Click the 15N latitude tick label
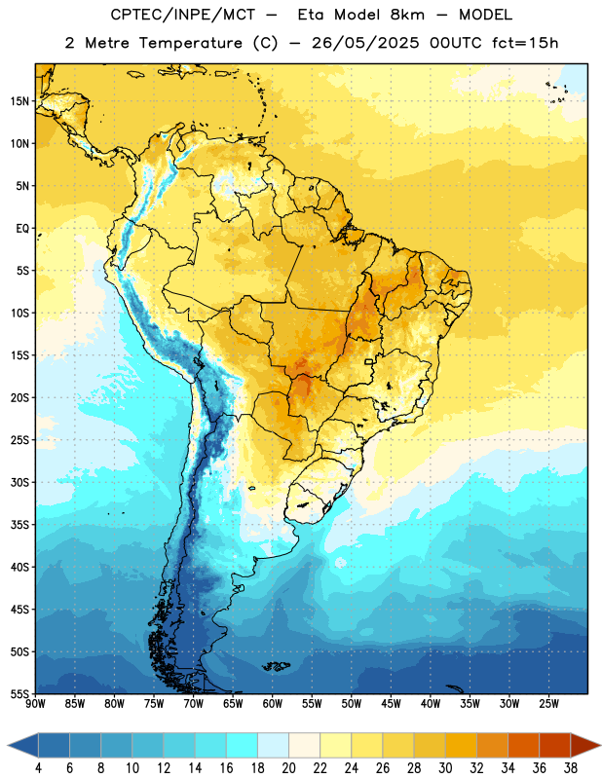coord(19,101)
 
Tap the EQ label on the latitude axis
coord(22,229)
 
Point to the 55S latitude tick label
coord(19,694)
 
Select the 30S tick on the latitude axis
coord(19,482)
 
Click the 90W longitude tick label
coord(35,704)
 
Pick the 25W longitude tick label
coord(548,704)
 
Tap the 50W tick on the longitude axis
coord(352,704)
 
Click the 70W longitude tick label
coord(194,704)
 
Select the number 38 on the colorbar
coord(571,768)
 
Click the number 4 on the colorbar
coord(38,768)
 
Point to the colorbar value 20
coord(288,768)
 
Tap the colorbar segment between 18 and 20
coord(273,746)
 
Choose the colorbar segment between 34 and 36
coord(523,746)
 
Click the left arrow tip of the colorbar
coord(8,746)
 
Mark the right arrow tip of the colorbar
coord(600,746)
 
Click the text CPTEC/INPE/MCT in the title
coord(183,15)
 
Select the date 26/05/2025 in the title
coord(365,43)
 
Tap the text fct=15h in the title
coord(525,43)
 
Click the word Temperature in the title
coord(190,43)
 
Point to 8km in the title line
coord(407,15)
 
